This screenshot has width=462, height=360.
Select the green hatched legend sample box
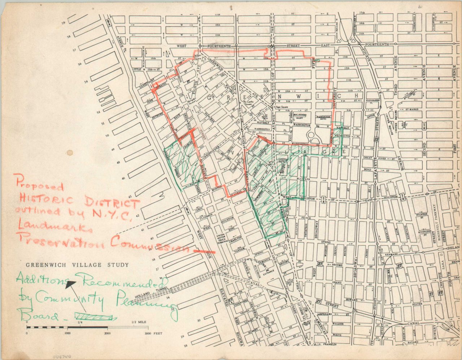point(95,317)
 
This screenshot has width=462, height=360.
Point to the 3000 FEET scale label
point(153,333)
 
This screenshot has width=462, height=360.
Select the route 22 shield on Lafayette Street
point(376,139)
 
